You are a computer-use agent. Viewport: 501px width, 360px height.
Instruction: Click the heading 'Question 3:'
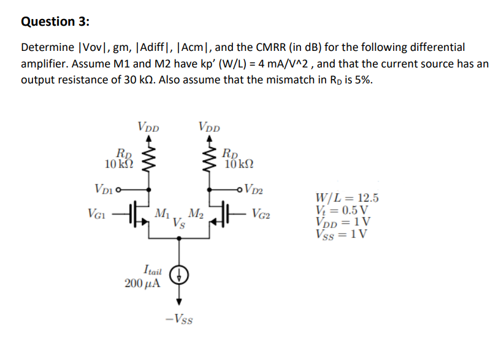coord(55,21)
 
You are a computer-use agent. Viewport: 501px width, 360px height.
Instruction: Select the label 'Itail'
coord(151,269)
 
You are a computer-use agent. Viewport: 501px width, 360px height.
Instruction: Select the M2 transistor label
coord(196,213)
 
